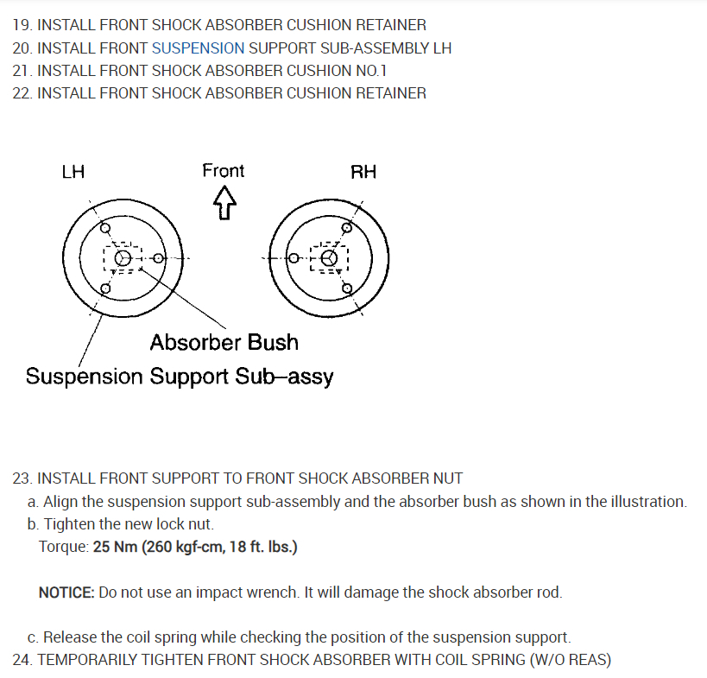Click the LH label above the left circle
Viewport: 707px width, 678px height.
coord(73,172)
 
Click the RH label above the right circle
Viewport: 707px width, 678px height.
coord(363,172)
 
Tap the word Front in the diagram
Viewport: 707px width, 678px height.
coord(223,171)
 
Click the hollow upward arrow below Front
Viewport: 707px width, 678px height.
coord(224,204)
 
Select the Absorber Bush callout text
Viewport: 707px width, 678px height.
coord(224,343)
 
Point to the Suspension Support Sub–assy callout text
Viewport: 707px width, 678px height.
coord(180,377)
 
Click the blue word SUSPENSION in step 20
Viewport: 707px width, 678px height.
coord(198,48)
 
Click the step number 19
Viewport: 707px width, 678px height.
coord(22,26)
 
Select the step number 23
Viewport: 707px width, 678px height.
coord(22,478)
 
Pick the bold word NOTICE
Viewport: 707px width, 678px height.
coord(66,592)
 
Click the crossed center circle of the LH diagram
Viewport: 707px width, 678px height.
coord(123,258)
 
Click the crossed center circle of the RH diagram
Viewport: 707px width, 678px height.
coord(328,258)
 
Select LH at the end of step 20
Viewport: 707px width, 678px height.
coord(441,48)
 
